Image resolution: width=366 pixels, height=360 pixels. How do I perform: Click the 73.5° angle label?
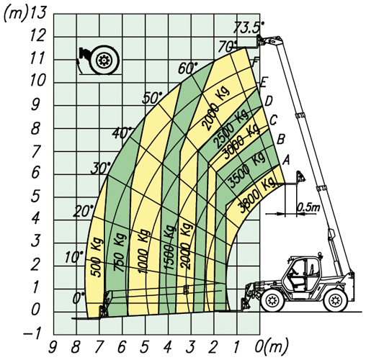249,27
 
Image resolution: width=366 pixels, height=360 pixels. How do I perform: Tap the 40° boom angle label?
122,132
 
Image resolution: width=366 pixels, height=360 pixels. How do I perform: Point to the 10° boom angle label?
74,257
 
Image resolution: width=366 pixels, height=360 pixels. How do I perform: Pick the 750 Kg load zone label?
120,252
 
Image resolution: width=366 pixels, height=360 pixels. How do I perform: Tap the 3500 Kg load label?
246,169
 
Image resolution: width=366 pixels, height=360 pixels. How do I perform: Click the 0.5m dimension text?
309,207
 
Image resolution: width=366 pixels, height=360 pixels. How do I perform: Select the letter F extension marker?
256,62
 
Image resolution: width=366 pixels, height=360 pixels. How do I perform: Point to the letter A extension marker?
286,161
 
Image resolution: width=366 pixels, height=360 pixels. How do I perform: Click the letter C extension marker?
274,120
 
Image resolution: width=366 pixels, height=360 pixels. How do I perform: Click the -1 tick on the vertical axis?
32,334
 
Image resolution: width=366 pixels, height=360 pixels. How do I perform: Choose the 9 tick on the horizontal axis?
53,348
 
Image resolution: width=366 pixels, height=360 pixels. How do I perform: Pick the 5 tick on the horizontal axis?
145,348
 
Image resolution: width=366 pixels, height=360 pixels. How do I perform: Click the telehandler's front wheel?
272,300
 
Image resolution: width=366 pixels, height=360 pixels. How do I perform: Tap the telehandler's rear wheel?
336,300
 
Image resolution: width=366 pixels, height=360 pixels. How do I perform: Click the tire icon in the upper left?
104,60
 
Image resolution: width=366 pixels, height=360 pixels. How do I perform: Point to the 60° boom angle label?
187,68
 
